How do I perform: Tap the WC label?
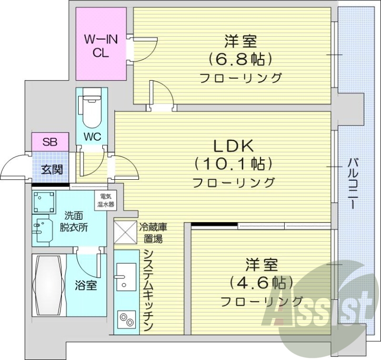click(x=92, y=136)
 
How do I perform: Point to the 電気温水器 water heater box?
click(x=107, y=200)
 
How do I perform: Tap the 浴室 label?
click(x=86, y=286)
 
